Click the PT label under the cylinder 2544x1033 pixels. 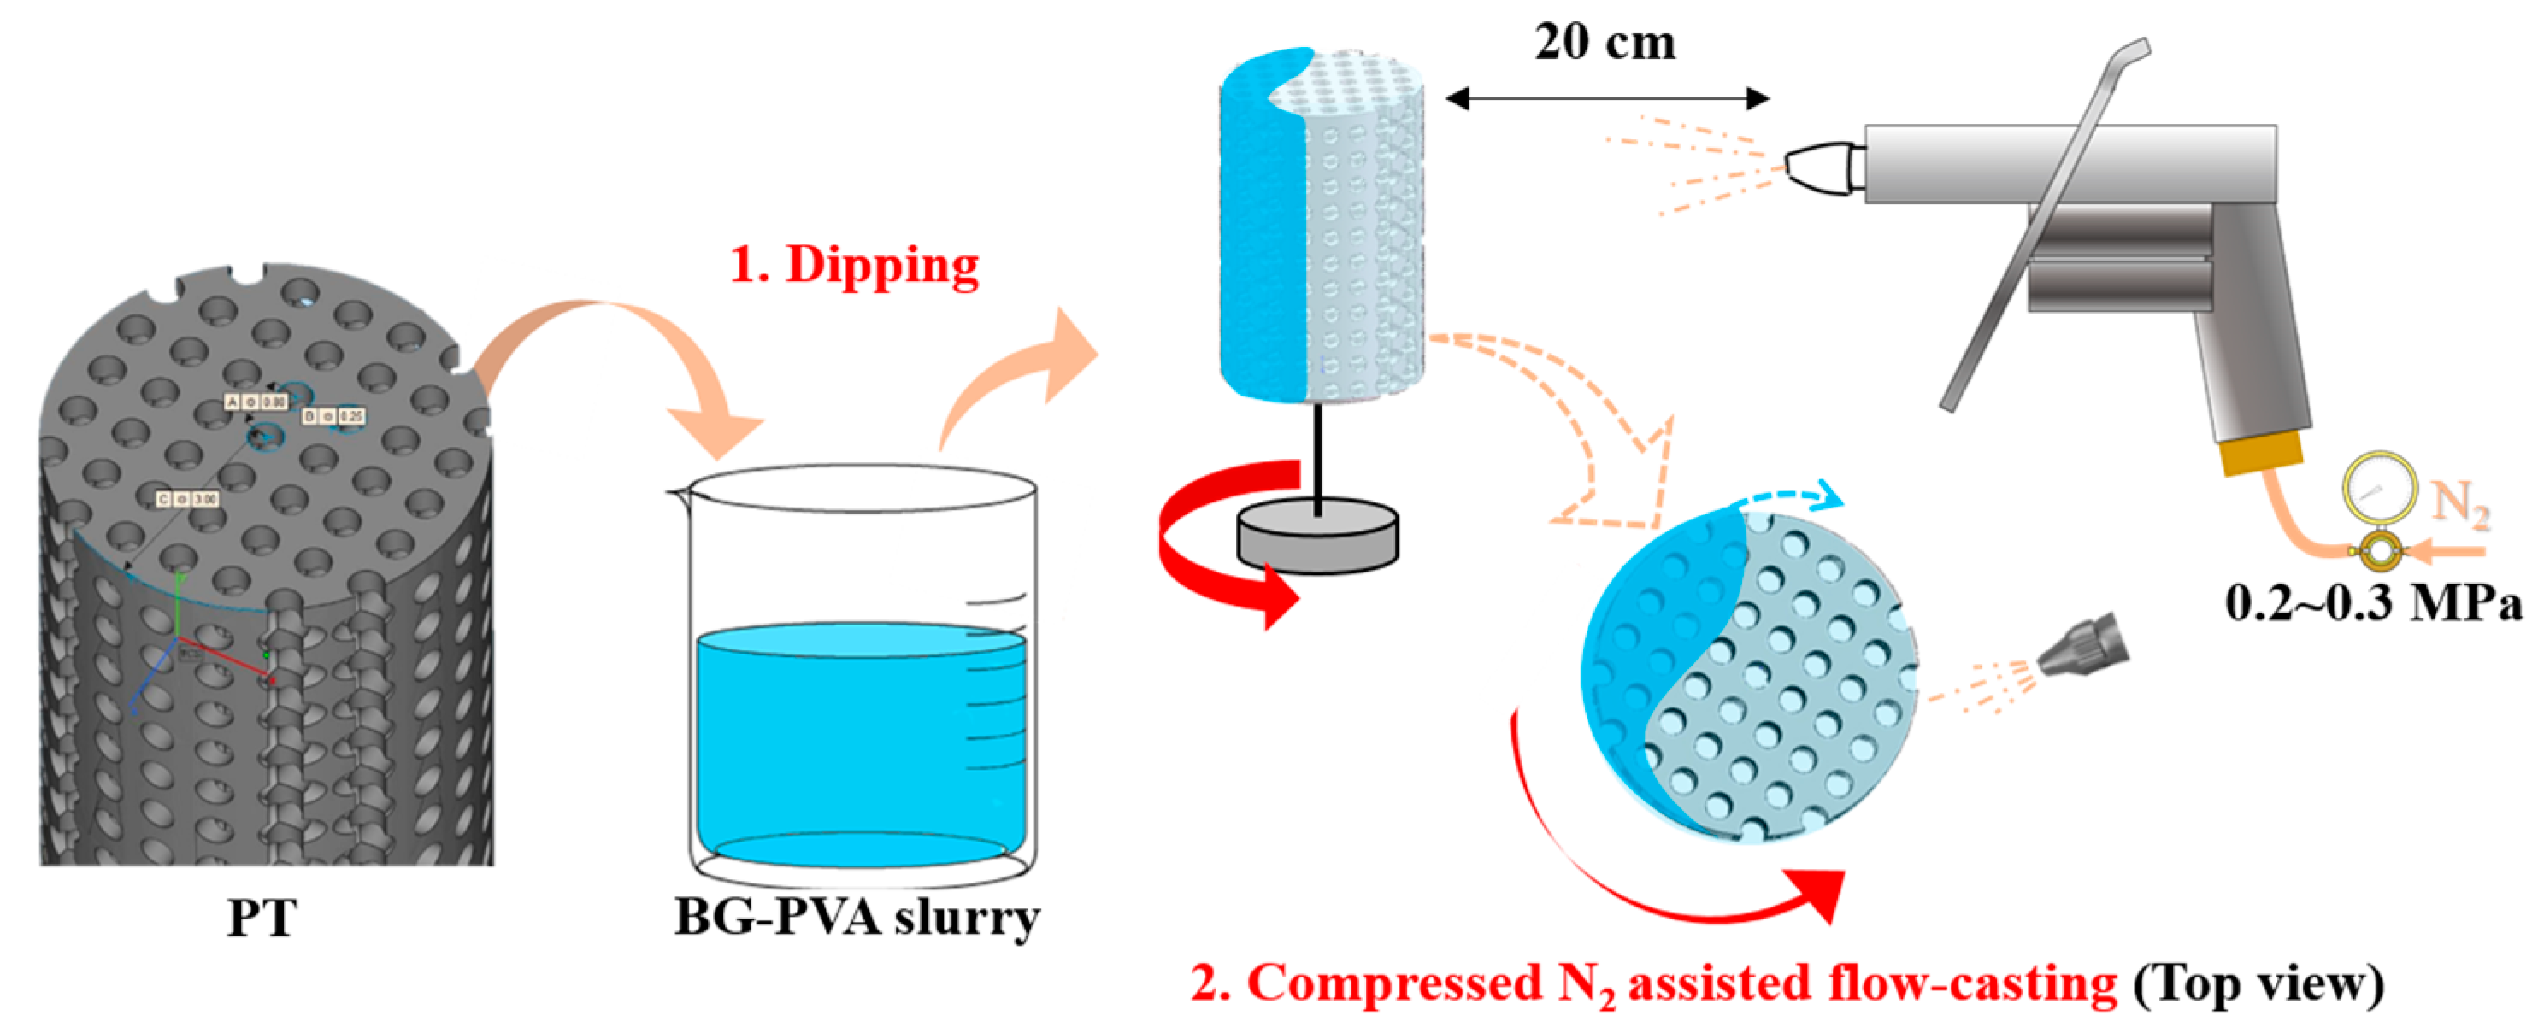pos(262,919)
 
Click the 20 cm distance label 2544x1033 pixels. pos(1605,43)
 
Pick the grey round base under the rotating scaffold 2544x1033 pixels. pos(1318,537)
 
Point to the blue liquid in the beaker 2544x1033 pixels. pos(859,741)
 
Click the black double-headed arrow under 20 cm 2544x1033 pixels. pos(1605,97)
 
